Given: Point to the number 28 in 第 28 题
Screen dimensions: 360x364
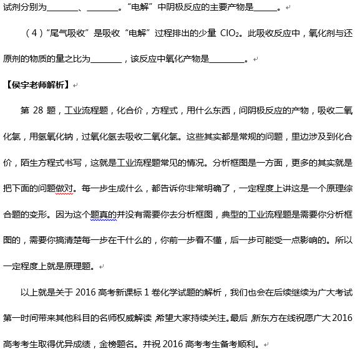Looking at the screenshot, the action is coord(42,110).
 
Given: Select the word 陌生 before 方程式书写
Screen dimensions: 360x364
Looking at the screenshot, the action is coord(29,163).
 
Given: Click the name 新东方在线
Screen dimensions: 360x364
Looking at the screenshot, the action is coord(269,318).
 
